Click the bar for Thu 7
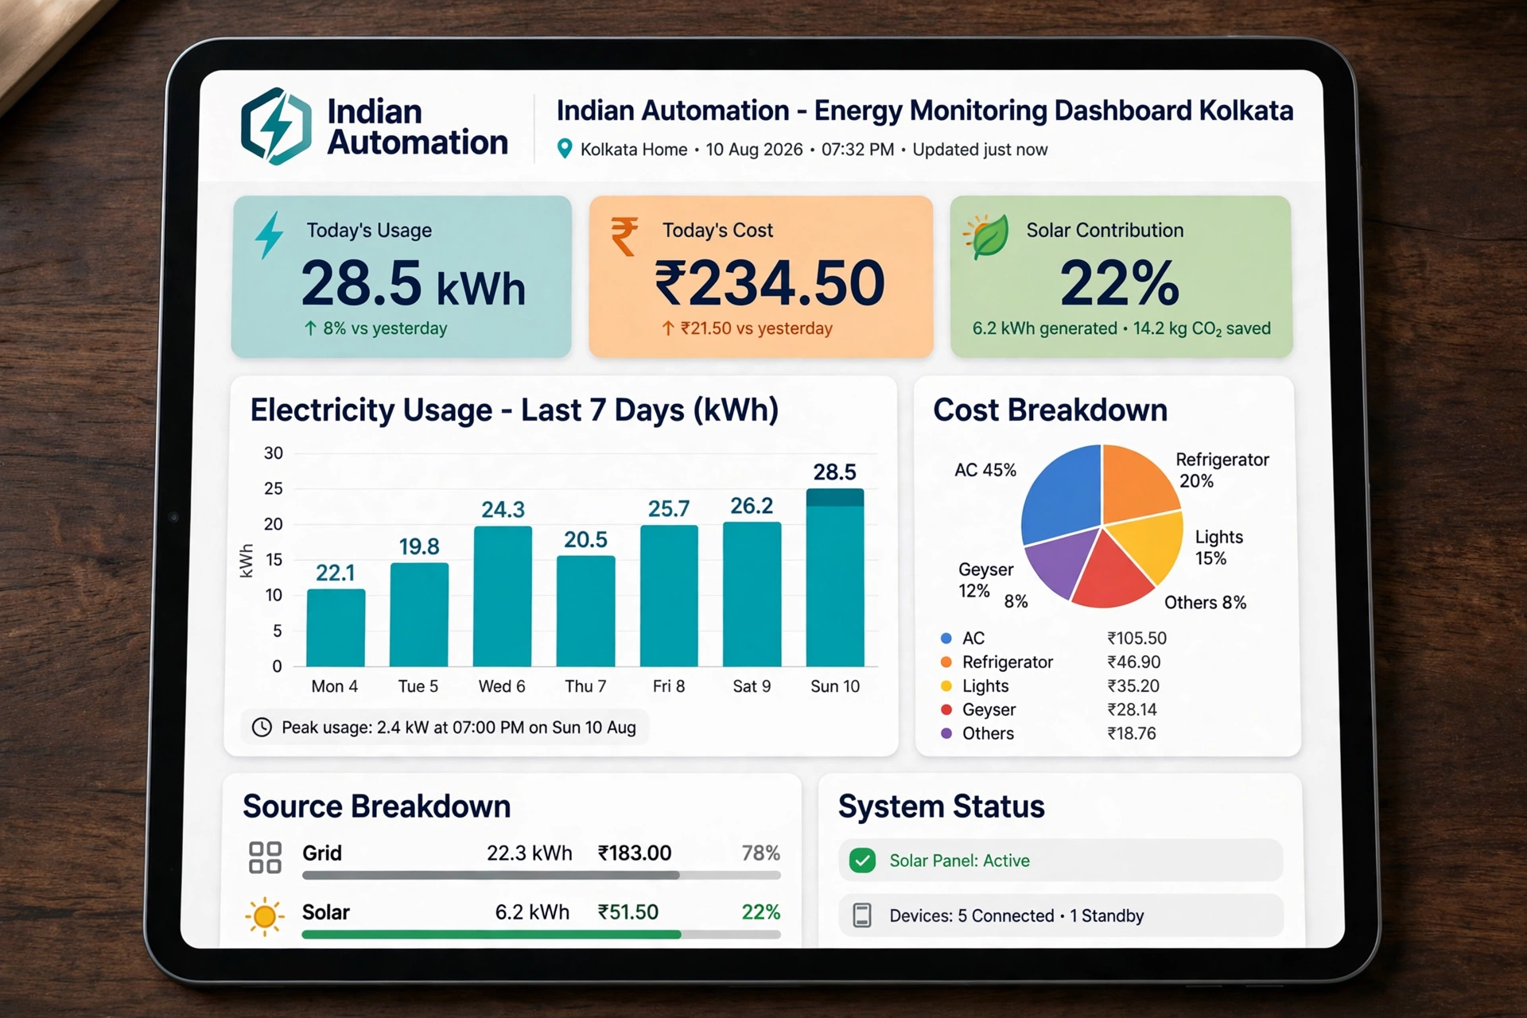click(x=585, y=611)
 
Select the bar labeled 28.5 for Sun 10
click(x=835, y=577)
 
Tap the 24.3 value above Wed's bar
click(x=503, y=510)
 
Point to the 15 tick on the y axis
click(x=274, y=559)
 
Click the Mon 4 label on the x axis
click(x=335, y=686)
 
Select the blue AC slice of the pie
click(x=1058, y=493)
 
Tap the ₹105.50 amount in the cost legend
click(x=1137, y=639)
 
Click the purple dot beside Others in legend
click(x=946, y=733)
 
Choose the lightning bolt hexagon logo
click(x=276, y=126)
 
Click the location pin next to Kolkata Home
click(x=565, y=149)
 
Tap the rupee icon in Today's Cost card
click(x=624, y=236)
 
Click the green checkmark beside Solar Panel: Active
click(x=862, y=861)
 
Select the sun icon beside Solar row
click(x=265, y=916)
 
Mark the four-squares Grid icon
click(x=265, y=857)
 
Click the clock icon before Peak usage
click(x=262, y=727)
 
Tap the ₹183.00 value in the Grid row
click(x=635, y=853)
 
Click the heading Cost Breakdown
click(x=1050, y=410)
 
